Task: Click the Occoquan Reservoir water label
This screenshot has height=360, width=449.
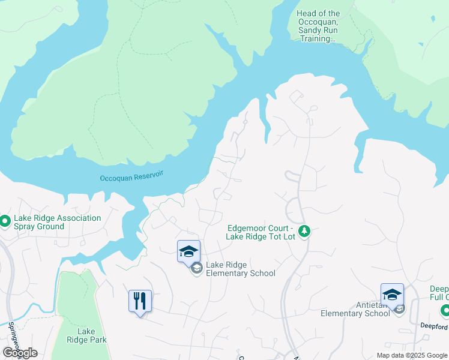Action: (x=131, y=176)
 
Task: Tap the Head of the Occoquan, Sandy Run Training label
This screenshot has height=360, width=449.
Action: (x=318, y=26)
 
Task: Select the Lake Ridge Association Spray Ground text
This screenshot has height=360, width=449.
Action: (x=58, y=222)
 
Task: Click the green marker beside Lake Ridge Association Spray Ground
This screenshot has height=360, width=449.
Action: (x=5, y=221)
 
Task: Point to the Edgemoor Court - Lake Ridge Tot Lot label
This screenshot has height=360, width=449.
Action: (x=259, y=232)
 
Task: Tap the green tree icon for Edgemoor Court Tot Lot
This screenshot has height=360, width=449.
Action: (x=304, y=231)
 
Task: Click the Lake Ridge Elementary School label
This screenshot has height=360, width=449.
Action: (x=240, y=269)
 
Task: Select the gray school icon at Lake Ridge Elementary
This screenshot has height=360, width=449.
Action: (x=196, y=269)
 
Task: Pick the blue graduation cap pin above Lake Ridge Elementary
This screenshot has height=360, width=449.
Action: (x=188, y=252)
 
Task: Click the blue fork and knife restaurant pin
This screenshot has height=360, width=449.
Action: (x=140, y=301)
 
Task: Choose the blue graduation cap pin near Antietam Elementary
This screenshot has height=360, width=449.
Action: (x=392, y=295)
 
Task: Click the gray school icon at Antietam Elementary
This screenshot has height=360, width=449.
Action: (x=399, y=308)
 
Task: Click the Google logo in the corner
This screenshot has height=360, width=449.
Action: (x=19, y=353)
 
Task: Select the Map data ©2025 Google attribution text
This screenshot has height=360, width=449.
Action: (x=412, y=355)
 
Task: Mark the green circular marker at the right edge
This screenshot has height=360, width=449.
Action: (x=444, y=311)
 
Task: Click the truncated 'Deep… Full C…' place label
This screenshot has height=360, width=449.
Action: (x=439, y=293)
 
